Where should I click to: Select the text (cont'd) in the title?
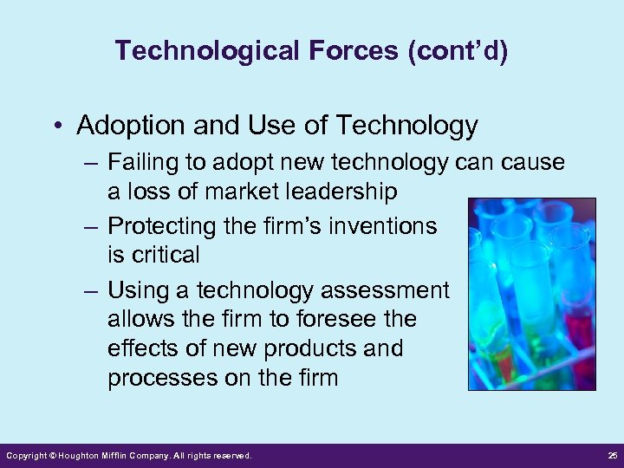458,51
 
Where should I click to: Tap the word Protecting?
161,226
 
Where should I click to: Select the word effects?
140,348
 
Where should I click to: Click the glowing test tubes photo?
531,294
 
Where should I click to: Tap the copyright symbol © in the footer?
52,456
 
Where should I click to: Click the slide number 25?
610,456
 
